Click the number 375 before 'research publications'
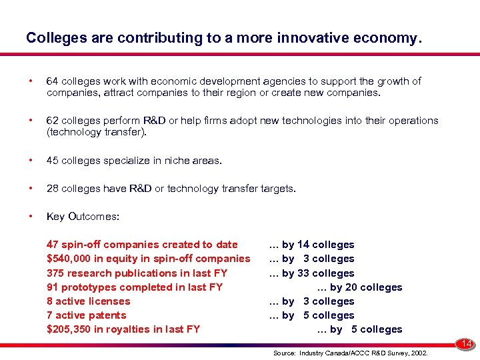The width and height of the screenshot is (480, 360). [56, 273]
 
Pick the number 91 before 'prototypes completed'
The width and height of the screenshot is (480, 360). [53, 287]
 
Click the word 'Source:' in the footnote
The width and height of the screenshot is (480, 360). [285, 352]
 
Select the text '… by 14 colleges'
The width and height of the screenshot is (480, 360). [311, 245]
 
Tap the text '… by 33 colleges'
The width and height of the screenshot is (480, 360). [311, 273]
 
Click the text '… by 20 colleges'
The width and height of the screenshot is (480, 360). [359, 287]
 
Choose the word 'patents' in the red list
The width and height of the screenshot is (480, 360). [107, 315]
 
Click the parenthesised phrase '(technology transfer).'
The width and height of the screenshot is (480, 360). [96, 132]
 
